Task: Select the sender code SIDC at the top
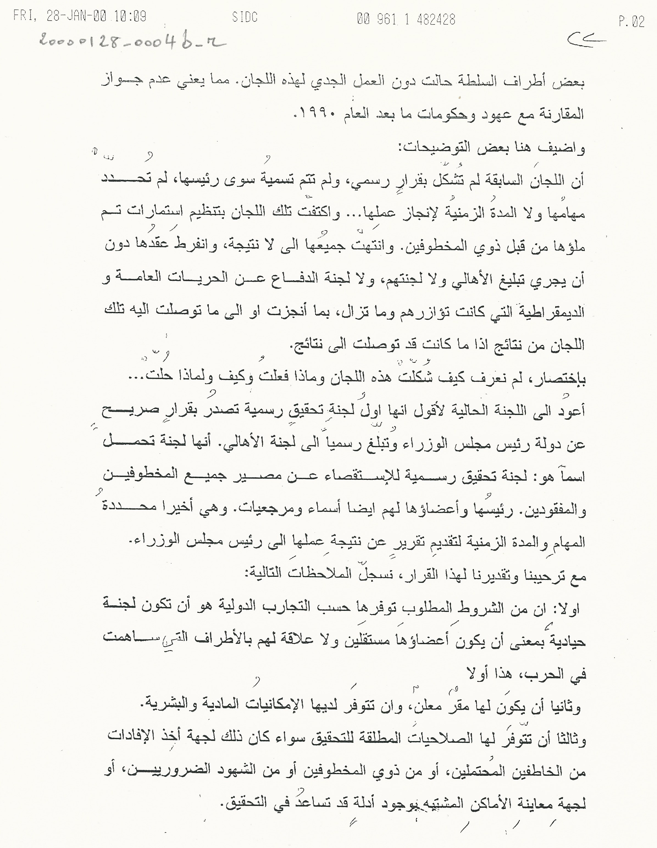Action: (x=245, y=18)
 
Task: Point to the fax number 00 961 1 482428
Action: (x=406, y=19)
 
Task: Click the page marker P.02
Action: (x=631, y=21)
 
